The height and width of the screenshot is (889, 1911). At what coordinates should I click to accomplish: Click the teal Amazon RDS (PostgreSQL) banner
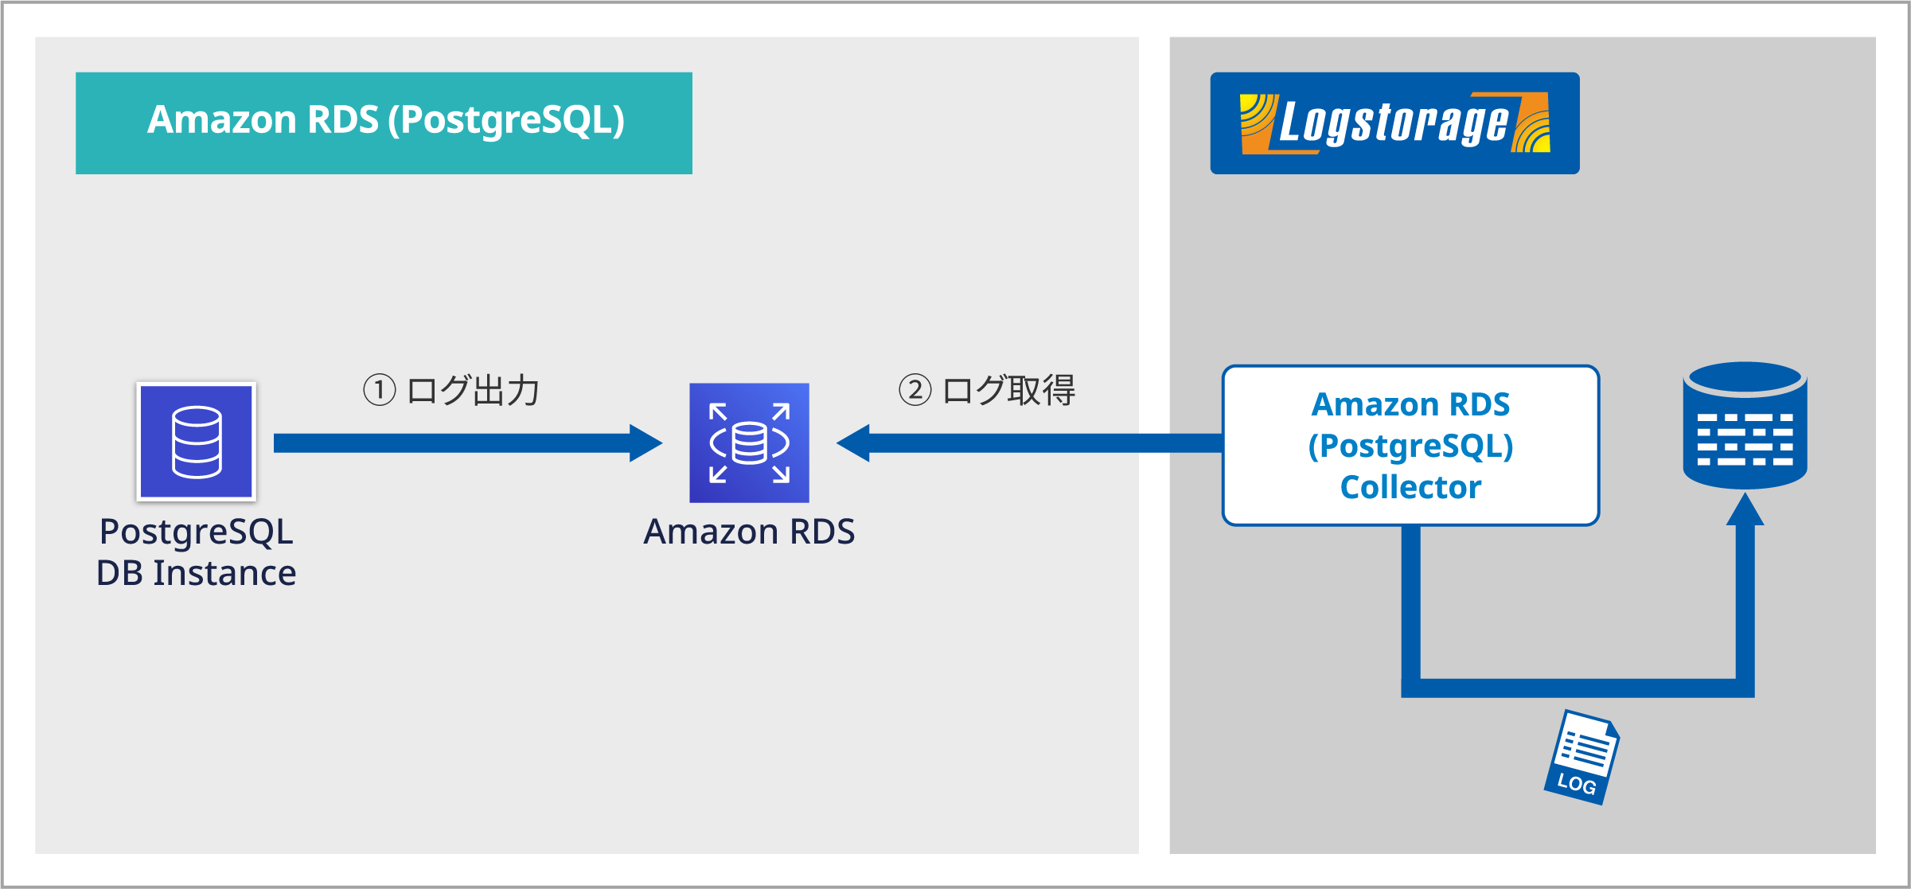[384, 123]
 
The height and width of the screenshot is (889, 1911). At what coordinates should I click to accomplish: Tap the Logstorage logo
[1394, 123]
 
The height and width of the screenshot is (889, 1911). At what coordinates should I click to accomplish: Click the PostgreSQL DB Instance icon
[197, 442]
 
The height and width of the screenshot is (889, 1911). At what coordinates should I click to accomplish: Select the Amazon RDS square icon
[749, 443]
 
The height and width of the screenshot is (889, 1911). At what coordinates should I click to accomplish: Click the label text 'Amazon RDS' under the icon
[749, 532]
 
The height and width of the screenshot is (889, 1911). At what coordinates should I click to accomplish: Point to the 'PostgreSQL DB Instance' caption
[197, 552]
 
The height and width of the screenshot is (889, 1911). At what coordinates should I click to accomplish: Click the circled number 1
[380, 390]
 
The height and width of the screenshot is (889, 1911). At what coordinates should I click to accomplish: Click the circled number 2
[915, 390]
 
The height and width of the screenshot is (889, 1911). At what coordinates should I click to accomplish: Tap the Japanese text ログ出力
[474, 390]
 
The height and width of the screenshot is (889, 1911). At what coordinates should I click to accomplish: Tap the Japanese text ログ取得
[1009, 390]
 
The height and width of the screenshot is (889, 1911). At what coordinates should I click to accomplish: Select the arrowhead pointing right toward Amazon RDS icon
[645, 443]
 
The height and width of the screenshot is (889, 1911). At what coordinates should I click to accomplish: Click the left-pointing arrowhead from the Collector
[854, 443]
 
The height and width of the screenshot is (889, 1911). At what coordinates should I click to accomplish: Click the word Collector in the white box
[1410, 487]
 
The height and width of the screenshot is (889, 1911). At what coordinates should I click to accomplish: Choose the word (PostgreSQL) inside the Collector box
[1410, 446]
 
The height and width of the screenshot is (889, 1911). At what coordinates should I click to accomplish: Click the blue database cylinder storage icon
[1745, 426]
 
